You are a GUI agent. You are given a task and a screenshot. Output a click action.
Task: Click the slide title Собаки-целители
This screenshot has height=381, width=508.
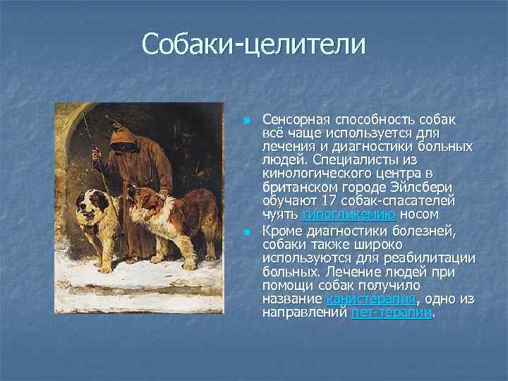(x=254, y=44)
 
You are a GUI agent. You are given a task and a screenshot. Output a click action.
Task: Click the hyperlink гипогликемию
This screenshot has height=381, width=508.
(x=349, y=214)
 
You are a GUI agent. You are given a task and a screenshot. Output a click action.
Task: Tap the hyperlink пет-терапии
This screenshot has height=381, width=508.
(x=392, y=313)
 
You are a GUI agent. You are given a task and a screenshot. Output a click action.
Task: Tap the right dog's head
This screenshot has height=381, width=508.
(x=142, y=198)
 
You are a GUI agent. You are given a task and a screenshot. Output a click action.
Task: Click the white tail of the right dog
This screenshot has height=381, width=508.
(x=216, y=233)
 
